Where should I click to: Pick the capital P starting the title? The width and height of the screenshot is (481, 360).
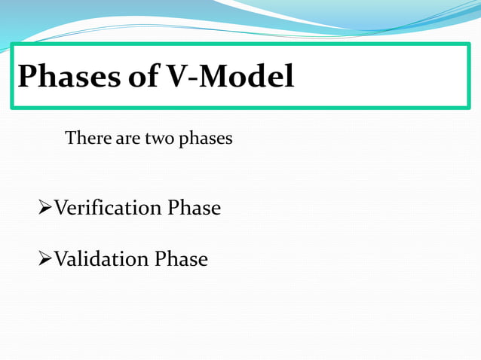tap(27, 76)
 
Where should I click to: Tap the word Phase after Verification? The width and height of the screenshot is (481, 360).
tap(194, 208)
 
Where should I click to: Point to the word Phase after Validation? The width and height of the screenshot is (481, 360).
tap(181, 259)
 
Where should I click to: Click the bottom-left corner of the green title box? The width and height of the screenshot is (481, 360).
tap(12, 108)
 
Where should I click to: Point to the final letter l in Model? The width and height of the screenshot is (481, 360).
tap(290, 75)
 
